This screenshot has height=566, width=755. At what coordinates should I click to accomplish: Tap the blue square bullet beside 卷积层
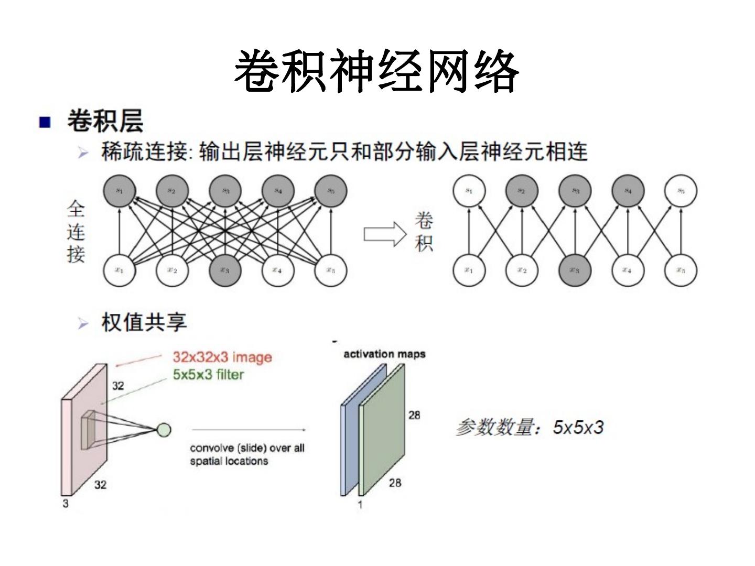45,123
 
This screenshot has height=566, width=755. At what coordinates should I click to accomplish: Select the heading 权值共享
144,322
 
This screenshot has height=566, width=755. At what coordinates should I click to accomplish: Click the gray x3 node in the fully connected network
225,270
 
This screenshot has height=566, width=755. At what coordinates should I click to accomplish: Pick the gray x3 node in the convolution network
575,270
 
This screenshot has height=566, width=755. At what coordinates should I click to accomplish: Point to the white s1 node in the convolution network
469,191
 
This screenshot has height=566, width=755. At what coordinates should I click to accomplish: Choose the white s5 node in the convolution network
681,191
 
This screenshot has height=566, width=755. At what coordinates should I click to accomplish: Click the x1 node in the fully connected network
120,270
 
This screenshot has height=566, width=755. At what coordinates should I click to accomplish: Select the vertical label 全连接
76,232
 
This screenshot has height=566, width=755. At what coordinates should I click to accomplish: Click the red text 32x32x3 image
222,357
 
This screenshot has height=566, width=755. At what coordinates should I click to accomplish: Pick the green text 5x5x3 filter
208,375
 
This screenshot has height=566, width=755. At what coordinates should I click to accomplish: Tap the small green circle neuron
164,430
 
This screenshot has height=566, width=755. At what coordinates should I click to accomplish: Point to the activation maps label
384,354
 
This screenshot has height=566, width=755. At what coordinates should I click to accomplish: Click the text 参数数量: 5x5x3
530,427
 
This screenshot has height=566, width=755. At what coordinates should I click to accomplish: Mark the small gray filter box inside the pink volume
88,429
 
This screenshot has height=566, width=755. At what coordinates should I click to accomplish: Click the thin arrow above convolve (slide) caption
249,430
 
